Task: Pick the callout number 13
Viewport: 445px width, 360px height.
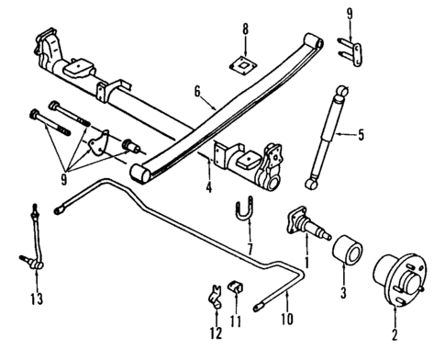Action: (35, 298)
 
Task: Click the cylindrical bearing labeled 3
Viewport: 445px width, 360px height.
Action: (346, 251)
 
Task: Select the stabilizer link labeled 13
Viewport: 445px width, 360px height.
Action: (34, 242)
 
